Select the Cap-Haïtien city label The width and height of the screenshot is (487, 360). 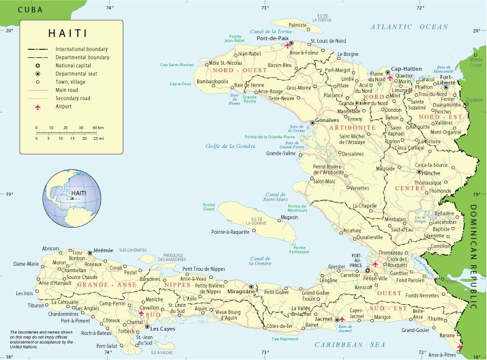(407, 69)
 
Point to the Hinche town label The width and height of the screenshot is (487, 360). (431, 173)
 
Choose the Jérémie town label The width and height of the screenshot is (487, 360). (102, 250)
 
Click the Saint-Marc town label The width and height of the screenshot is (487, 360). (325, 181)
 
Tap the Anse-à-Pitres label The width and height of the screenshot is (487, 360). (442, 355)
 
